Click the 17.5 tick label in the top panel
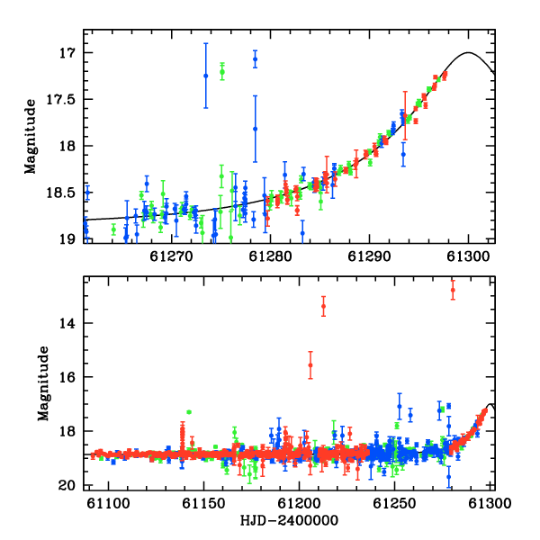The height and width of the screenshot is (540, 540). pos(60,100)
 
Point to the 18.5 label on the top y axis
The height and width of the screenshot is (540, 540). pos(60,193)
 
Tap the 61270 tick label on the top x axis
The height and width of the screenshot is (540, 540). pos(171,256)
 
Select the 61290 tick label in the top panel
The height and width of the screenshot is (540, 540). pos(370,256)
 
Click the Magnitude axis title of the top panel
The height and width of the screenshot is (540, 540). pos(31,137)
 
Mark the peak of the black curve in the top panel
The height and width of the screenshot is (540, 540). pos(468,52)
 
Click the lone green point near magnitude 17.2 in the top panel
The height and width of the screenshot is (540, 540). pos(222,72)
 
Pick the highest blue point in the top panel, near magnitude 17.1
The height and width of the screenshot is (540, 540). pos(256,58)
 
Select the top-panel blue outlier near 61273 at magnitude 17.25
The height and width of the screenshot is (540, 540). pos(206,76)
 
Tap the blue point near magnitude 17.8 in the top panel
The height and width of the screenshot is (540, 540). pos(256,129)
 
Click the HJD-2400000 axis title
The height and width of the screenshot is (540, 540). pos(289,520)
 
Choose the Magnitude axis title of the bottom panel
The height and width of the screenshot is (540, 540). pos(43,383)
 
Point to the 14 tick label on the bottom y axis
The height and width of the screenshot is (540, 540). pos(67,323)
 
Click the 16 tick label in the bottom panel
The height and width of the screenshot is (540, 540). pos(67,377)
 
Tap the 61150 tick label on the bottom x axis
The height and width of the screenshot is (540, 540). pos(203,503)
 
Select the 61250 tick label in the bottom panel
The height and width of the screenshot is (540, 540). pos(395,503)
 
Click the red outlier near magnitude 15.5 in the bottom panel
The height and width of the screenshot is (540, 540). pos(310,365)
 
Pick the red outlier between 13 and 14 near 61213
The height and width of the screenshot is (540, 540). pos(323,306)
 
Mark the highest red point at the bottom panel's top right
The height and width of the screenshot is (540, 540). pos(453,290)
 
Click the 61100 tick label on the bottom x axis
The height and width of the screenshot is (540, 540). pos(108,503)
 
